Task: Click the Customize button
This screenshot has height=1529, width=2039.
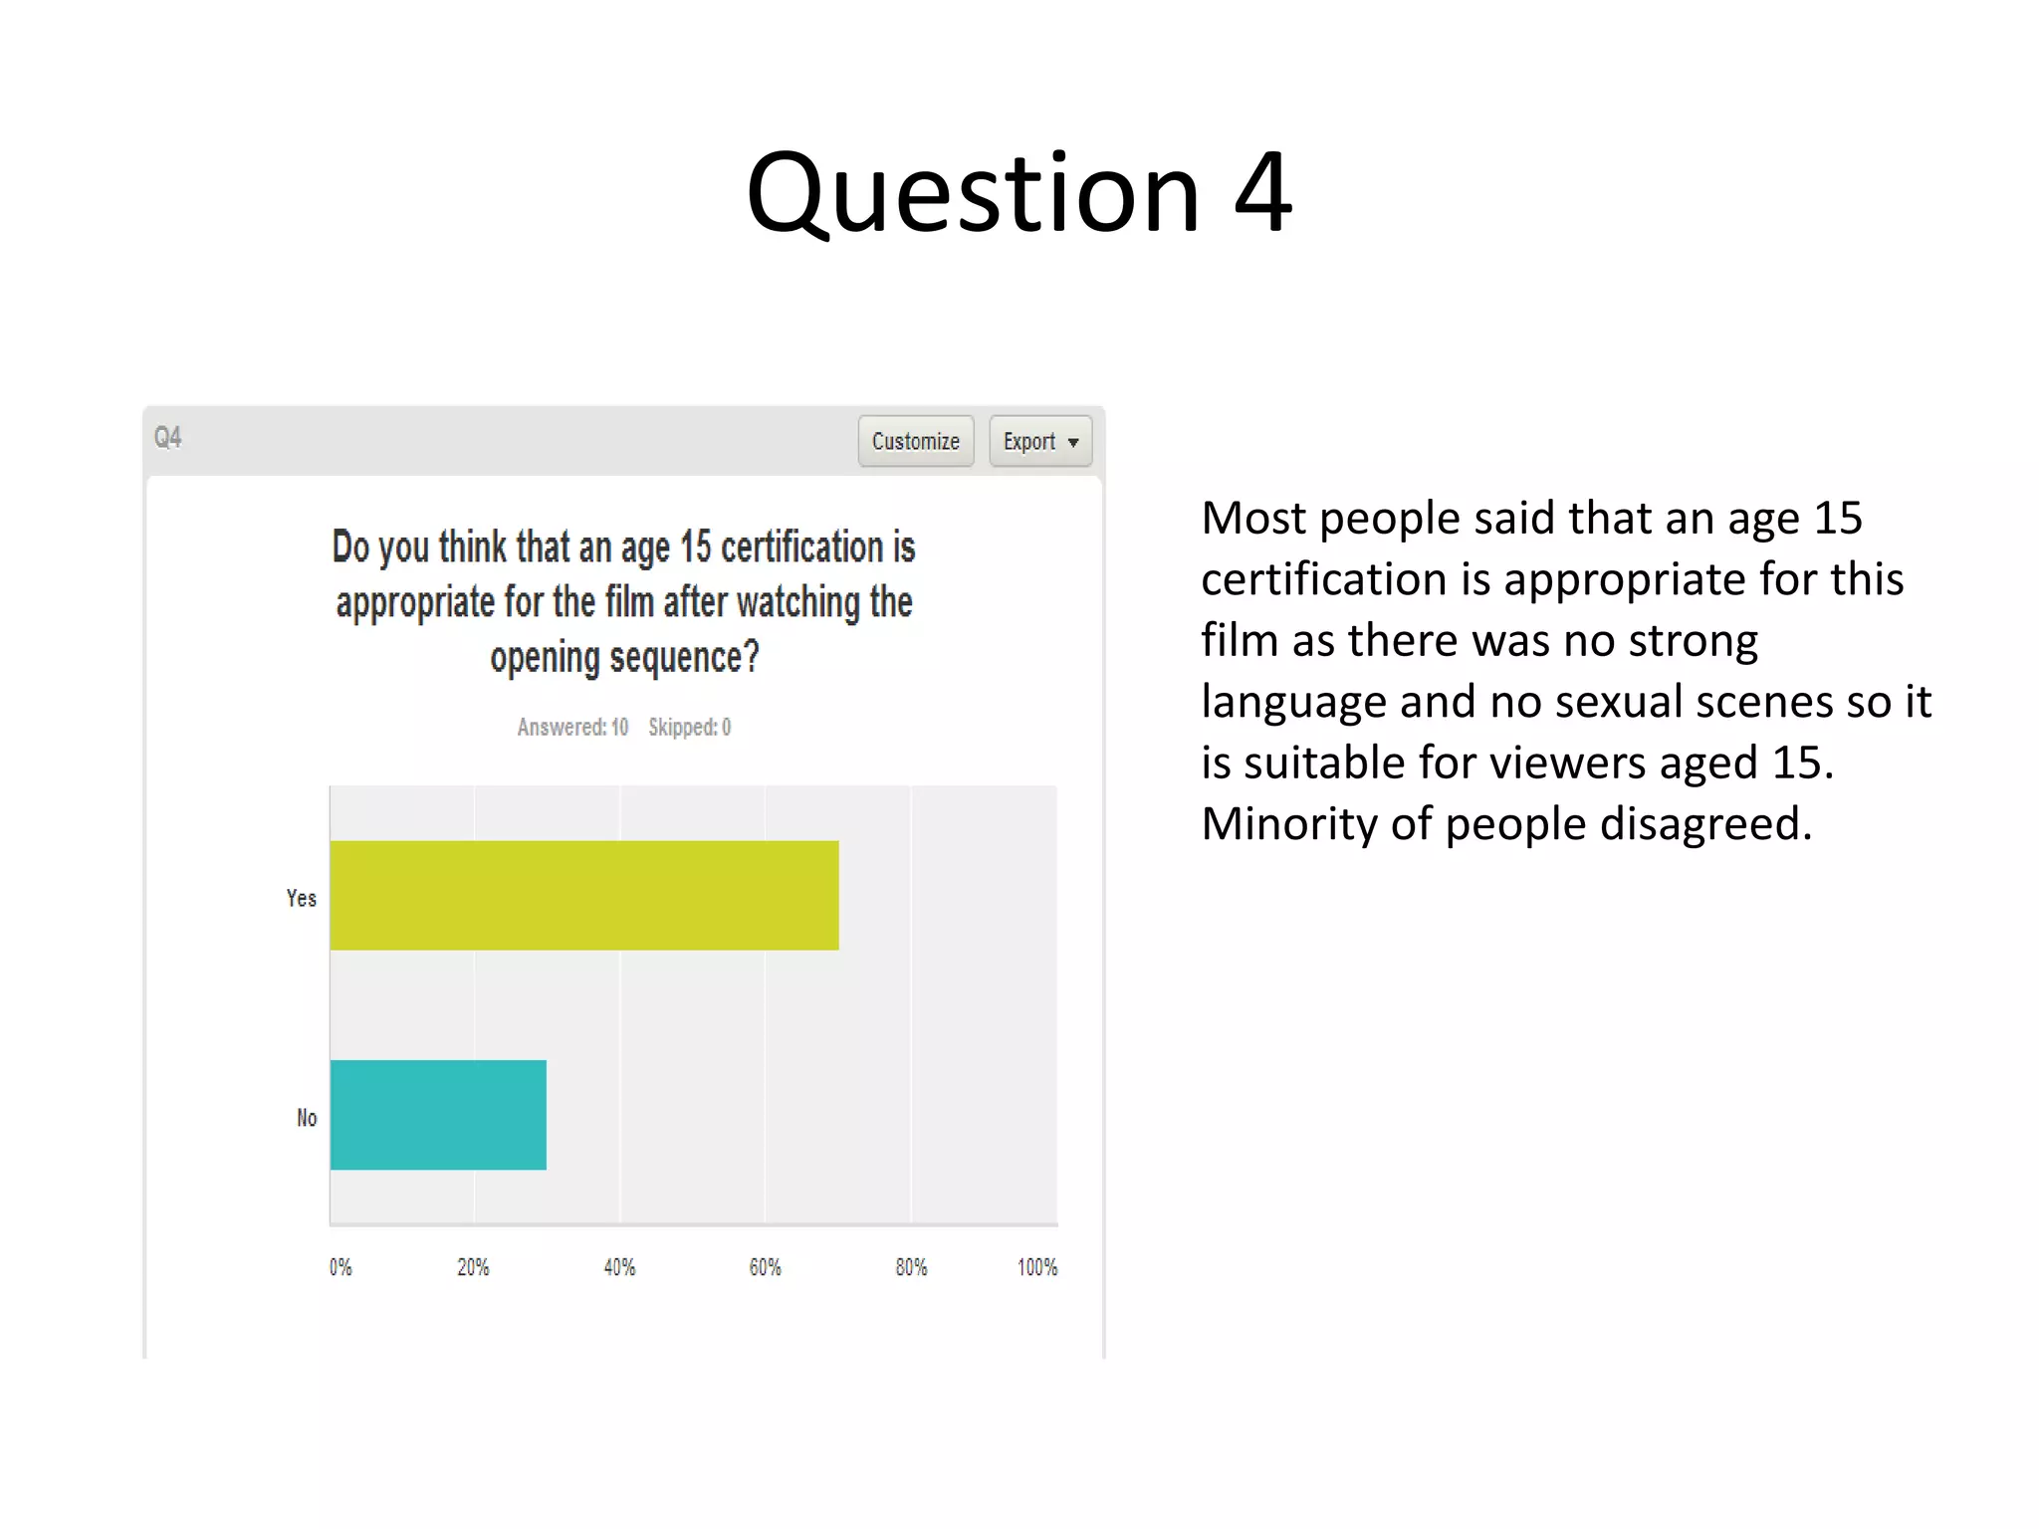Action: [915, 441]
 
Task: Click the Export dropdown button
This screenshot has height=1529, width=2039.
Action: [1039, 441]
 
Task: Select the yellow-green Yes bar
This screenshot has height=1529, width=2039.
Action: [584, 895]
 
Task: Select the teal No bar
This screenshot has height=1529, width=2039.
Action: [438, 1115]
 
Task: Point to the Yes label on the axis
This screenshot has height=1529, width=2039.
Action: [301, 898]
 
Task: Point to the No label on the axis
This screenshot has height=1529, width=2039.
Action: [307, 1118]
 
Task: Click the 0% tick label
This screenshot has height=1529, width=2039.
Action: [340, 1267]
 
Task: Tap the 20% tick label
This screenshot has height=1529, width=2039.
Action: [473, 1267]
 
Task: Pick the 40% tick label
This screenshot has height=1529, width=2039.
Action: [619, 1267]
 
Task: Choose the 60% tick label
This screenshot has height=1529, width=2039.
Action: [765, 1267]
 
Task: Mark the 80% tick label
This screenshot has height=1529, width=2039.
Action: [911, 1267]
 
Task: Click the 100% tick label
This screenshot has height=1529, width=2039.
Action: [1036, 1267]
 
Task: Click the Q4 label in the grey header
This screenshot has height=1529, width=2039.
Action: [168, 437]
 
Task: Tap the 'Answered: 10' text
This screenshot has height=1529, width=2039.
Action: [572, 728]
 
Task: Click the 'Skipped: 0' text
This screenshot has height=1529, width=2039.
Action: [689, 728]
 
